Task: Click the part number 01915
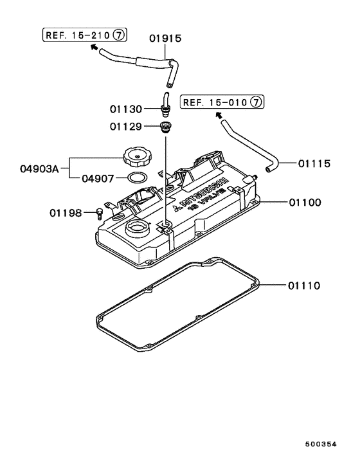pos(166,39)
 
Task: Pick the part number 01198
pos(66,212)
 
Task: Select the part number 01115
pos(314,164)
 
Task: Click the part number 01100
pos(305,203)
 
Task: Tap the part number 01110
pos(305,284)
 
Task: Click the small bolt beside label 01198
pos(99,213)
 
